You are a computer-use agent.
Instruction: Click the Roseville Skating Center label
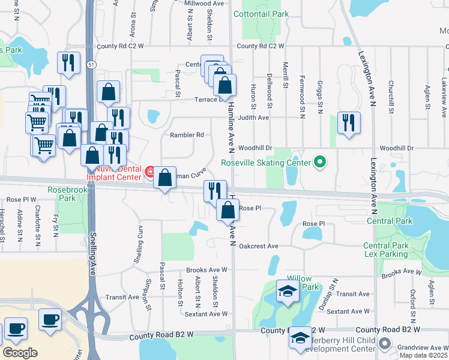tap(265, 163)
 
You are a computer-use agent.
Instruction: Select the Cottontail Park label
tap(261, 14)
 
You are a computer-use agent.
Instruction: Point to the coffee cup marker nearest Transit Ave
tap(50, 319)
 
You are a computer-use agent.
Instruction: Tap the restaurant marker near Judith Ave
tap(349, 122)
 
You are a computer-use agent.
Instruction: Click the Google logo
tap(20, 353)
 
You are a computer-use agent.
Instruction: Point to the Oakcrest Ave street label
tap(259, 246)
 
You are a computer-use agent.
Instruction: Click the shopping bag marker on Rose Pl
tap(228, 211)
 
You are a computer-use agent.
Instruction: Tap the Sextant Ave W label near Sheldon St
tap(206, 313)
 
